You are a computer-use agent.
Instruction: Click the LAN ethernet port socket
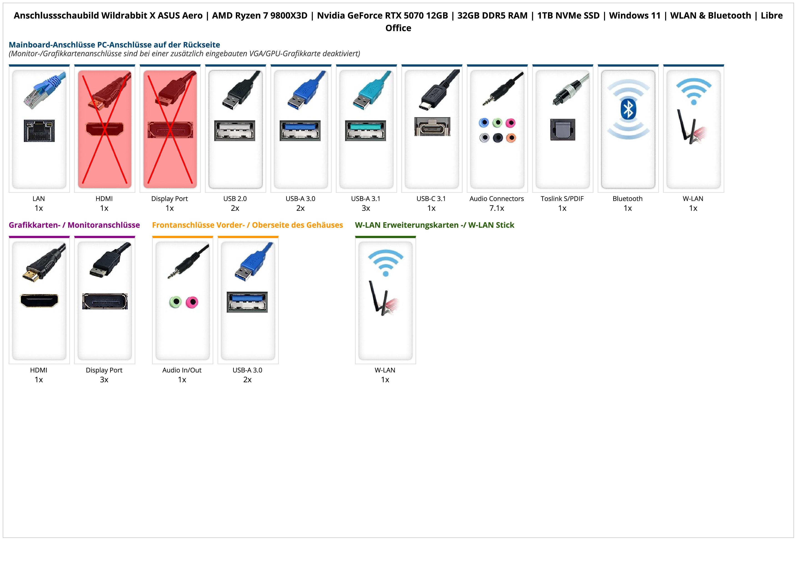coord(39,131)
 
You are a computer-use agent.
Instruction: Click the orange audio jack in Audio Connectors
coord(511,138)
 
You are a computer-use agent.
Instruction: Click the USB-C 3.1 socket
coord(432,127)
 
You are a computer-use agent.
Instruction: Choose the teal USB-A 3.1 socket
coord(366,130)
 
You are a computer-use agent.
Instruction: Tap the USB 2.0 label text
coord(235,199)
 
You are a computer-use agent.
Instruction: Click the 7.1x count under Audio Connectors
coord(497,208)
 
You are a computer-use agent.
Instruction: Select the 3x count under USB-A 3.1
coord(366,208)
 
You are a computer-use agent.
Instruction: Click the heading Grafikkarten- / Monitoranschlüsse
coord(74,225)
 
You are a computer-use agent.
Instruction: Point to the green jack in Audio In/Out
coord(176,302)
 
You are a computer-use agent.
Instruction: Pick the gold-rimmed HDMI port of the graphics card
coord(39,301)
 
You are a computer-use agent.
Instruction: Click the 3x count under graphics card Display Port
coord(104,380)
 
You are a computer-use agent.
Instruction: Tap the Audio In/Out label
coord(182,370)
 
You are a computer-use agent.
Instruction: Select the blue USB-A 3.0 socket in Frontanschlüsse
coord(247,302)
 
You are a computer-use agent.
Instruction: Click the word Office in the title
coord(398,28)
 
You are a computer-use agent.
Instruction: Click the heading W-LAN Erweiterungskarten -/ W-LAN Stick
coord(434,225)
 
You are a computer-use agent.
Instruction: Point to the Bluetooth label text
coord(628,199)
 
